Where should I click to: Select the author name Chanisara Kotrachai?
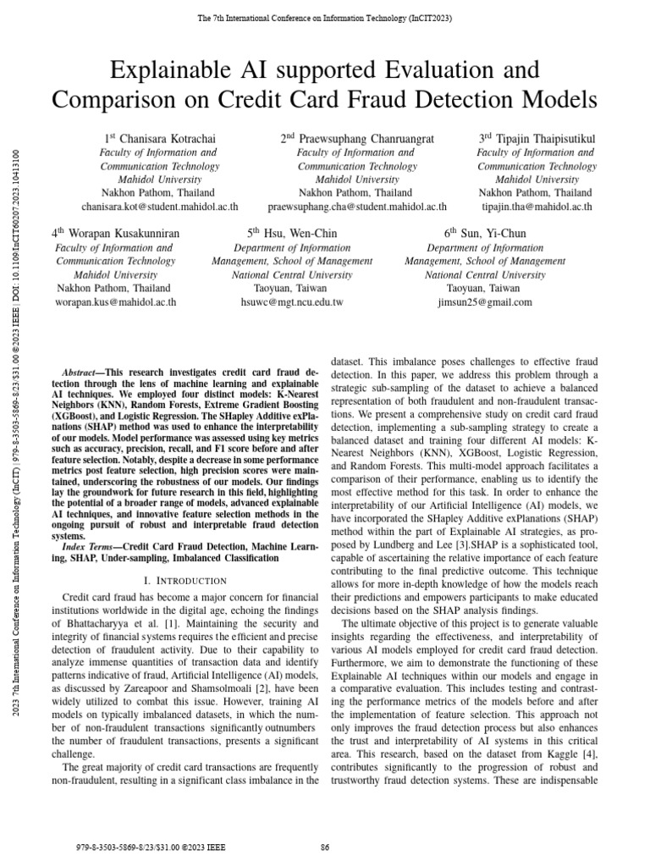pyautogui.click(x=168, y=137)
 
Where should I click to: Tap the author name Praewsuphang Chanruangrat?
pyautogui.click(x=364, y=137)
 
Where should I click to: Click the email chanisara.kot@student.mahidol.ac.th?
pyautogui.click(x=159, y=207)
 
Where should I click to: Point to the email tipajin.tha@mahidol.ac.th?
pyautogui.click(x=537, y=207)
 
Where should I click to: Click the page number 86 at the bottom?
pyautogui.click(x=324, y=847)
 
